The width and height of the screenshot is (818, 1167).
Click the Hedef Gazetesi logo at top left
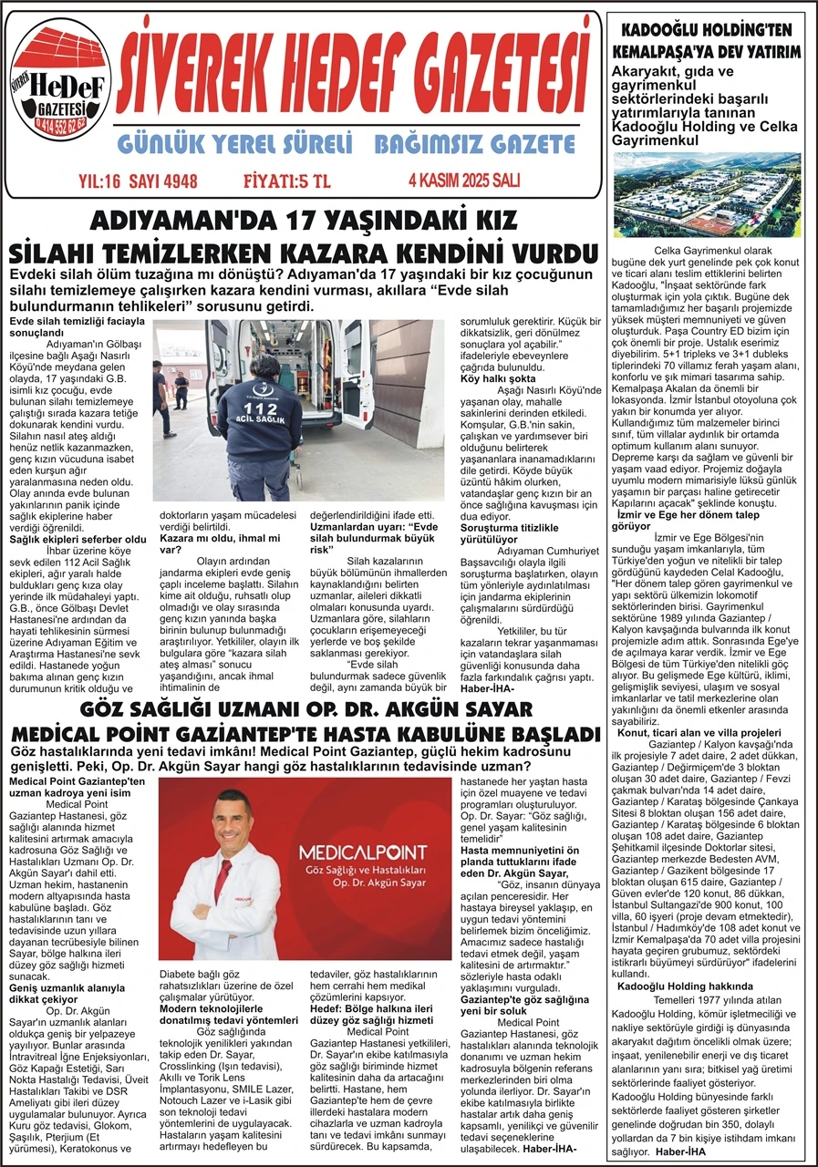coord(59,83)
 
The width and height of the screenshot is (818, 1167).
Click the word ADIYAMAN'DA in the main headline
coord(169,221)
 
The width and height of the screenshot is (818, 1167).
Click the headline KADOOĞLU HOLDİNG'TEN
coord(707,27)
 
